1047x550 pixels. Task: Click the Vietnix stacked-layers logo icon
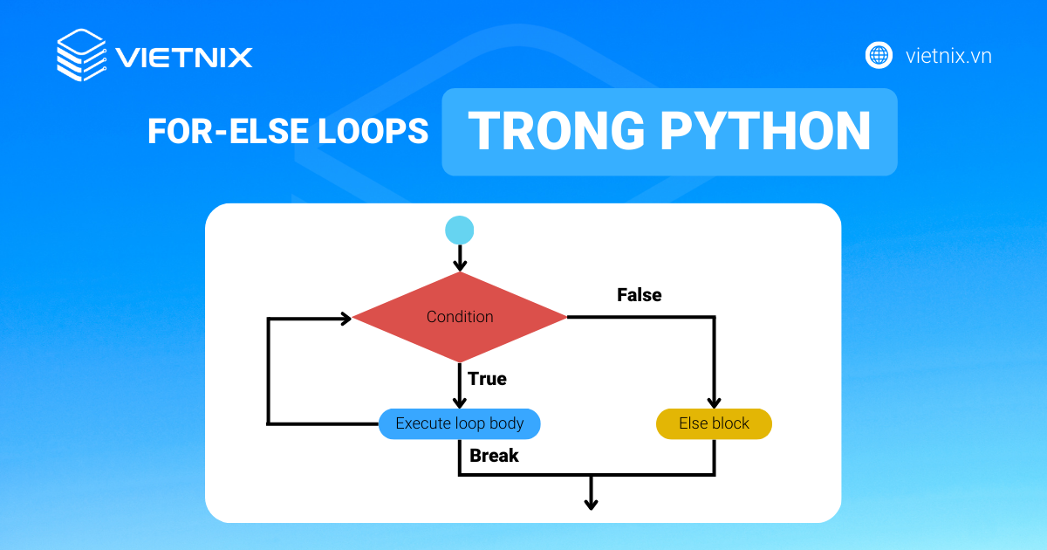81,56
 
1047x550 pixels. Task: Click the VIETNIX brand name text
184,58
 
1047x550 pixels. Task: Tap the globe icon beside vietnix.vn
879,55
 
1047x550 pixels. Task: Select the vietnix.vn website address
948,56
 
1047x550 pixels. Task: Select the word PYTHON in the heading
765,131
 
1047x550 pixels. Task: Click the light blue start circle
460,230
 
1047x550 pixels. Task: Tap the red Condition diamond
460,317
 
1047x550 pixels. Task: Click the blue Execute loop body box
460,424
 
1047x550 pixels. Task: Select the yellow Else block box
714,424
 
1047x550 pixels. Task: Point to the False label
640,295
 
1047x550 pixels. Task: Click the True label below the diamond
487,379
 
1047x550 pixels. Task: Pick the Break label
494,456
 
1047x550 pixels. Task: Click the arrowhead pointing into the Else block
714,402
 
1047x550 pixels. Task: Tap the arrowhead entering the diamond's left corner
346,319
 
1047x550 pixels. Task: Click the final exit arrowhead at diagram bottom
592,503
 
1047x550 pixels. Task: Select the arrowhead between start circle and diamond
460,264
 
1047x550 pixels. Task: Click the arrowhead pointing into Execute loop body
460,402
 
